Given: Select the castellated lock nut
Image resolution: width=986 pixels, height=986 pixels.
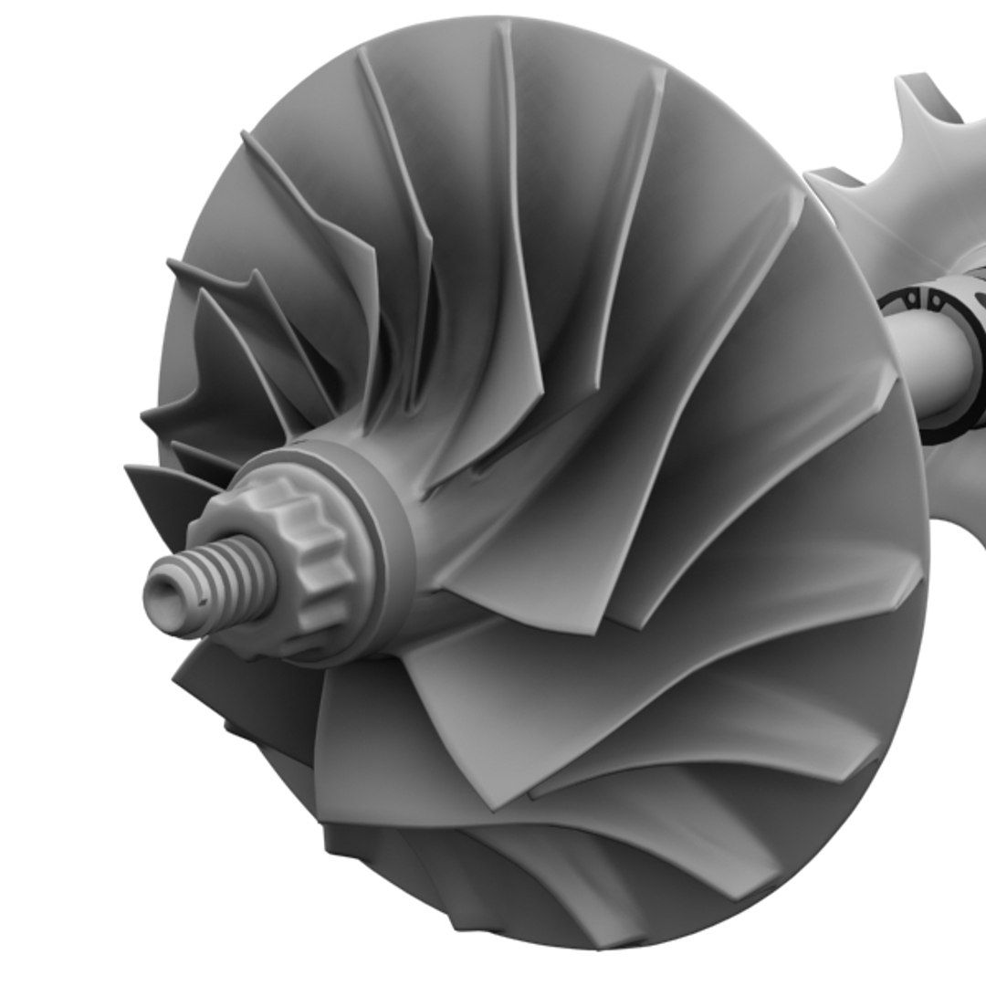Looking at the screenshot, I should (301, 557).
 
